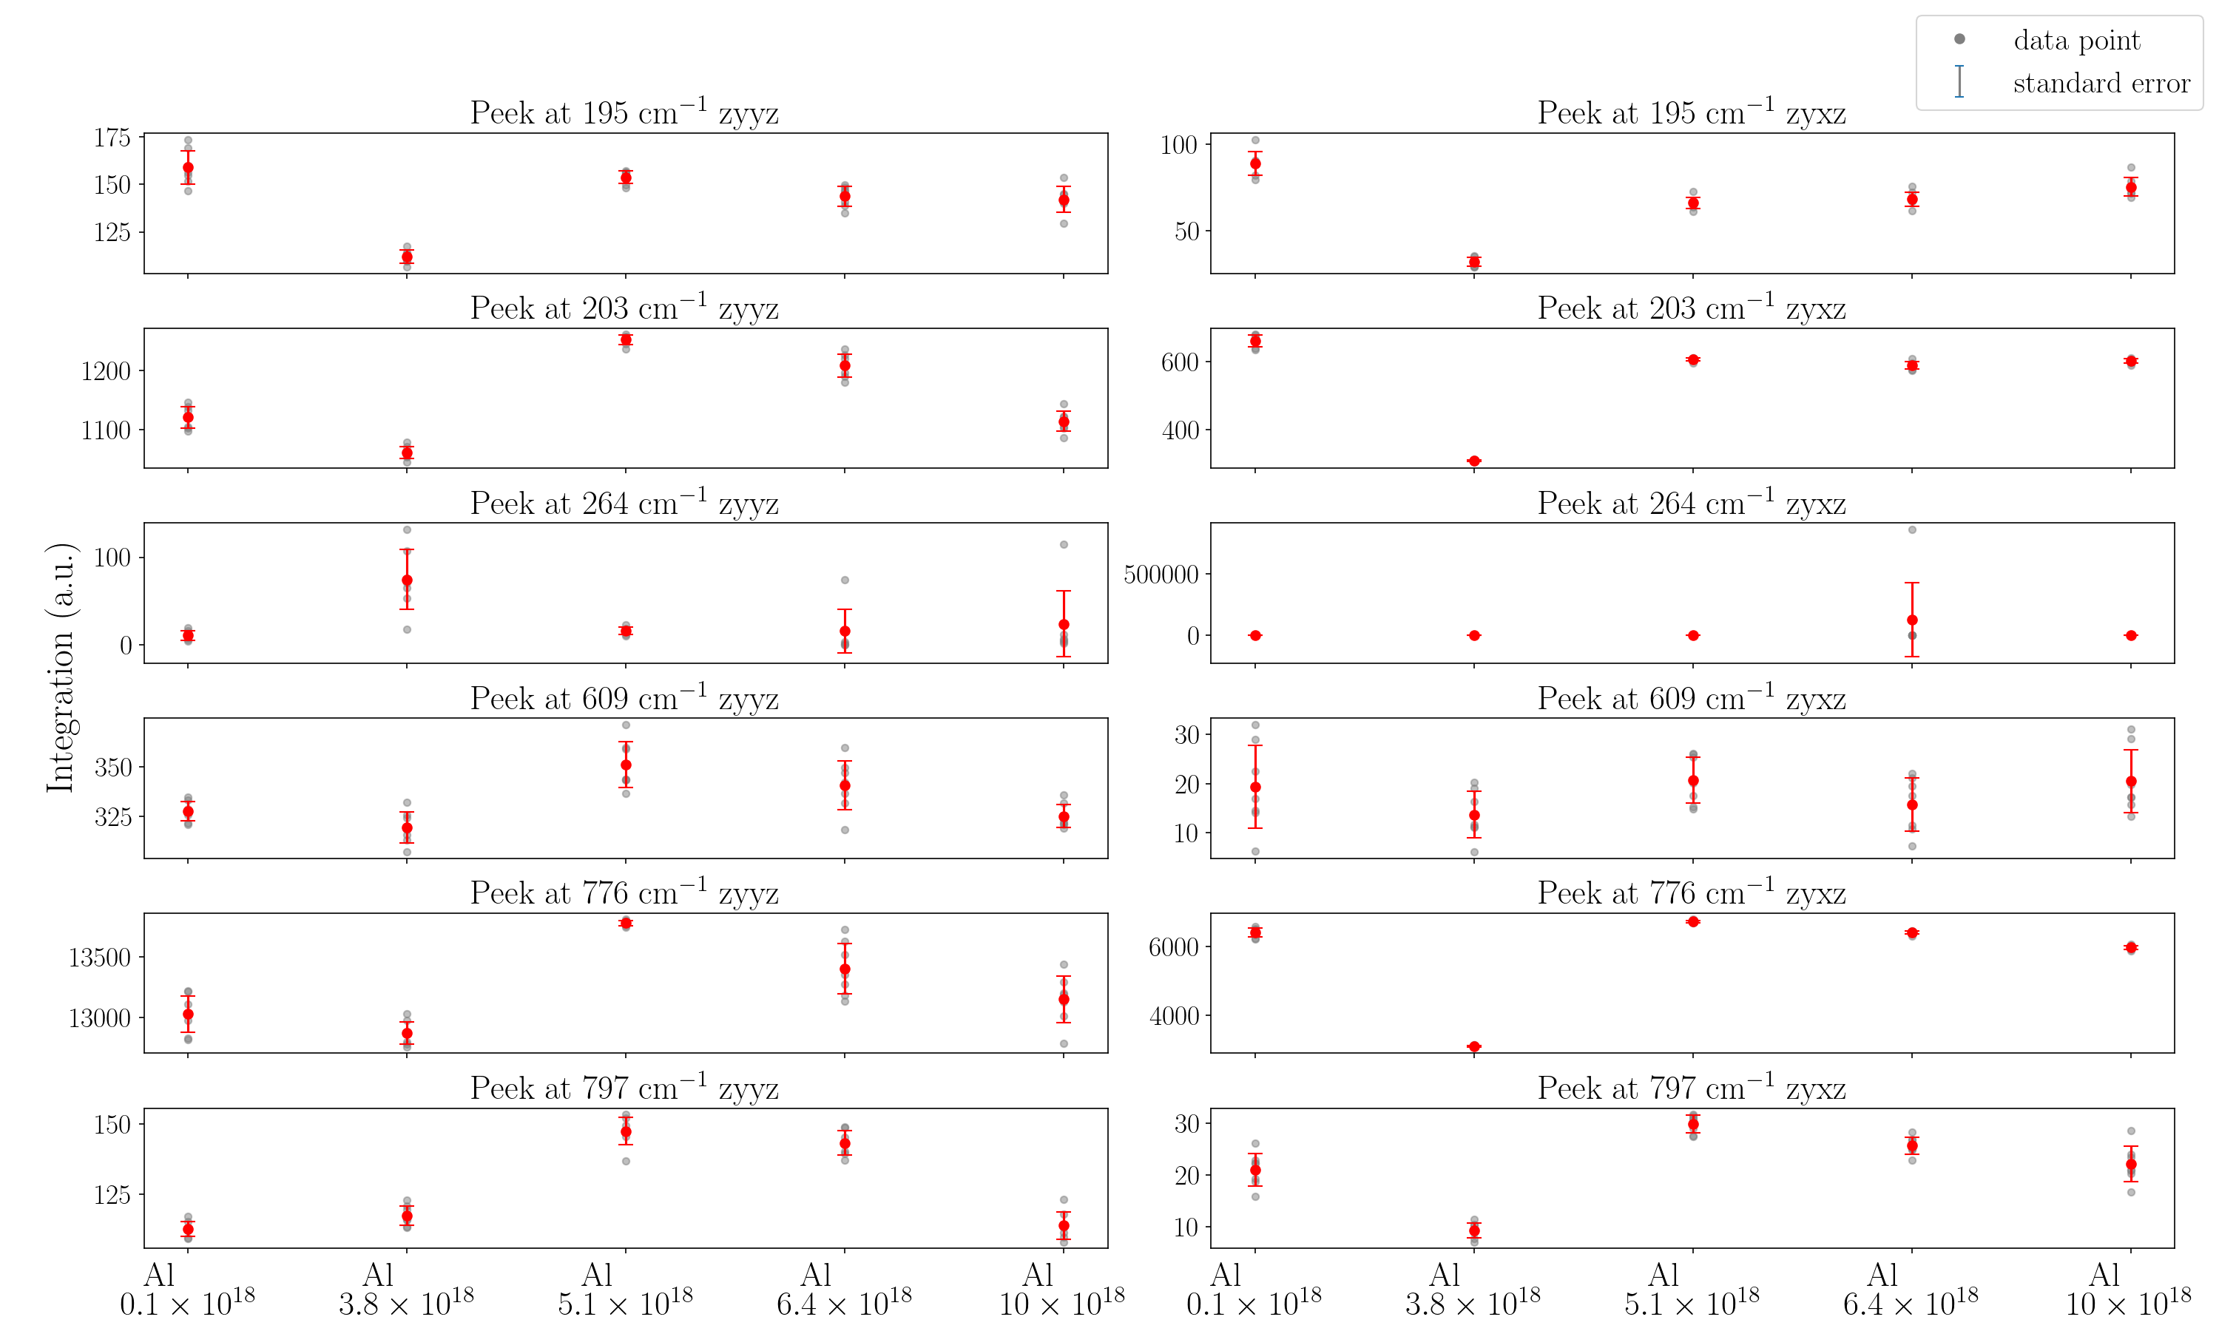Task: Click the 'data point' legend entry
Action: (x=2076, y=41)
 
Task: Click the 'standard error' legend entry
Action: (x=2101, y=84)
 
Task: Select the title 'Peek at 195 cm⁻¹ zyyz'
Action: (x=624, y=113)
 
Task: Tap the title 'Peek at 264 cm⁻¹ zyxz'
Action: (x=1692, y=503)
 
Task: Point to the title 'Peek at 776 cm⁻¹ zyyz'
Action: (x=624, y=893)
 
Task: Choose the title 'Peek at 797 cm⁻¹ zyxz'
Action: (x=1692, y=1088)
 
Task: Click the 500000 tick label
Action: (x=1161, y=574)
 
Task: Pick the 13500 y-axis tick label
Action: (x=100, y=958)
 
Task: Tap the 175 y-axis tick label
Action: (x=112, y=138)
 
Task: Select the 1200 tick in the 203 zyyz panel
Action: (x=106, y=371)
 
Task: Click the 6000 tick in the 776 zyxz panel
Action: (x=1173, y=947)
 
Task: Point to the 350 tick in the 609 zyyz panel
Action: (x=112, y=768)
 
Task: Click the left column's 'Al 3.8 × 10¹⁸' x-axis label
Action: (x=406, y=1290)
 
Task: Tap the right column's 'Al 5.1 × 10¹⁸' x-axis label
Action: (x=1692, y=1290)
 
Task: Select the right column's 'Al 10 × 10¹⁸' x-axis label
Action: (x=2130, y=1290)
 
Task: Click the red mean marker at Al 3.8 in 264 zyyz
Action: (x=408, y=580)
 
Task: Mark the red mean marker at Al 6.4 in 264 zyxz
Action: (x=1911, y=620)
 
